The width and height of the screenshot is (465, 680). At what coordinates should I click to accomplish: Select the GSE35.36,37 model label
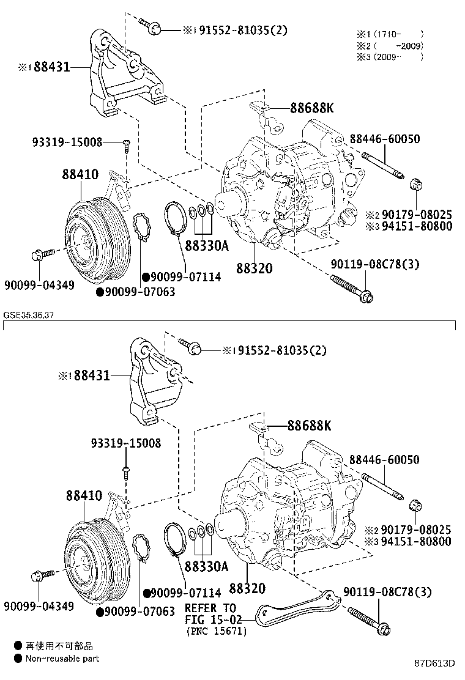(29, 316)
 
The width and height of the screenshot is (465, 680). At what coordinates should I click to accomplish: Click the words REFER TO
(210, 608)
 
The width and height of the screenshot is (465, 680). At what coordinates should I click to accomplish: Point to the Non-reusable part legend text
(62, 659)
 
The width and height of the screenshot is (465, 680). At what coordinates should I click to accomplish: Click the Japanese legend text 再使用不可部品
(59, 646)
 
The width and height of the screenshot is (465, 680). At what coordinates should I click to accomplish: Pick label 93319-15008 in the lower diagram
(127, 443)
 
